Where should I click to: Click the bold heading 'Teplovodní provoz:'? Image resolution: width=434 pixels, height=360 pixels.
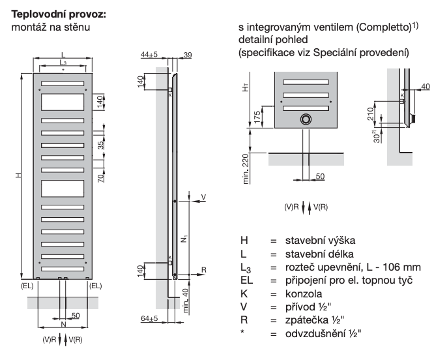59,14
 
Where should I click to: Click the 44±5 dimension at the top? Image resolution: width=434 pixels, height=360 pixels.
149,54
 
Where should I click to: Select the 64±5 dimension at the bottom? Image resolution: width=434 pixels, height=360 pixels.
149,318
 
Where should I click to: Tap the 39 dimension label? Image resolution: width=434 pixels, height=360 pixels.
188,55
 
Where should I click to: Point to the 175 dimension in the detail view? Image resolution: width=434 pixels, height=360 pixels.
257,117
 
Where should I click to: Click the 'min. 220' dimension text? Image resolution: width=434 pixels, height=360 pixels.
246,169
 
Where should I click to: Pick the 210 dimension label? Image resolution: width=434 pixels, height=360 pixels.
370,114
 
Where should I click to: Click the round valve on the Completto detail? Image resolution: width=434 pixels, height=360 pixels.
306,119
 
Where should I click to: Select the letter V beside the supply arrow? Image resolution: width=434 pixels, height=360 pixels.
203,197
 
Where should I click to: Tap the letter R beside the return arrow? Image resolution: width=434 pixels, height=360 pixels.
204,270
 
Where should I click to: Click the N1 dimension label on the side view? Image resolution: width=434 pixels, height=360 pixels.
184,238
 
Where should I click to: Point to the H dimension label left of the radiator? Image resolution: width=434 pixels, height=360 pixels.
18,175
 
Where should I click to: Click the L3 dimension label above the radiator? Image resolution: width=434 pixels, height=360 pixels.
63,63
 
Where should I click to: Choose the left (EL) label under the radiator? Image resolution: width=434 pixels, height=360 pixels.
27,286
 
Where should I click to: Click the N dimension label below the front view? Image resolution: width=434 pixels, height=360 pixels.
63,324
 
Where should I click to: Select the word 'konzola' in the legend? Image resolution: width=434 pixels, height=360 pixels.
304,294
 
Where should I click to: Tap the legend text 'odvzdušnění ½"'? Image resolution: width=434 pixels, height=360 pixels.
323,333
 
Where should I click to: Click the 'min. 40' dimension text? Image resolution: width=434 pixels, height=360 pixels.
186,301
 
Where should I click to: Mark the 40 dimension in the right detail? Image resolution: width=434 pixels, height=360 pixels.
426,87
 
